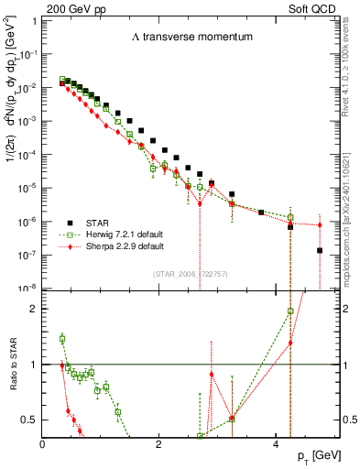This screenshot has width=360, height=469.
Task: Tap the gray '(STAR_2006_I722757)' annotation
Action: [192, 274]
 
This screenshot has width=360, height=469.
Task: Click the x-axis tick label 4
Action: [276, 445]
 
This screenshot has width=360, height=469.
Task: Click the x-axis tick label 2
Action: [159, 445]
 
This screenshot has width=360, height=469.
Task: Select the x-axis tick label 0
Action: [43, 445]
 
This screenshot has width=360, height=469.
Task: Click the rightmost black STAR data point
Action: [319, 250]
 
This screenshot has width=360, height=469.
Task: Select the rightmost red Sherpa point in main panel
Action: [319, 224]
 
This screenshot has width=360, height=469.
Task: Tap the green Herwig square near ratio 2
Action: [289, 311]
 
